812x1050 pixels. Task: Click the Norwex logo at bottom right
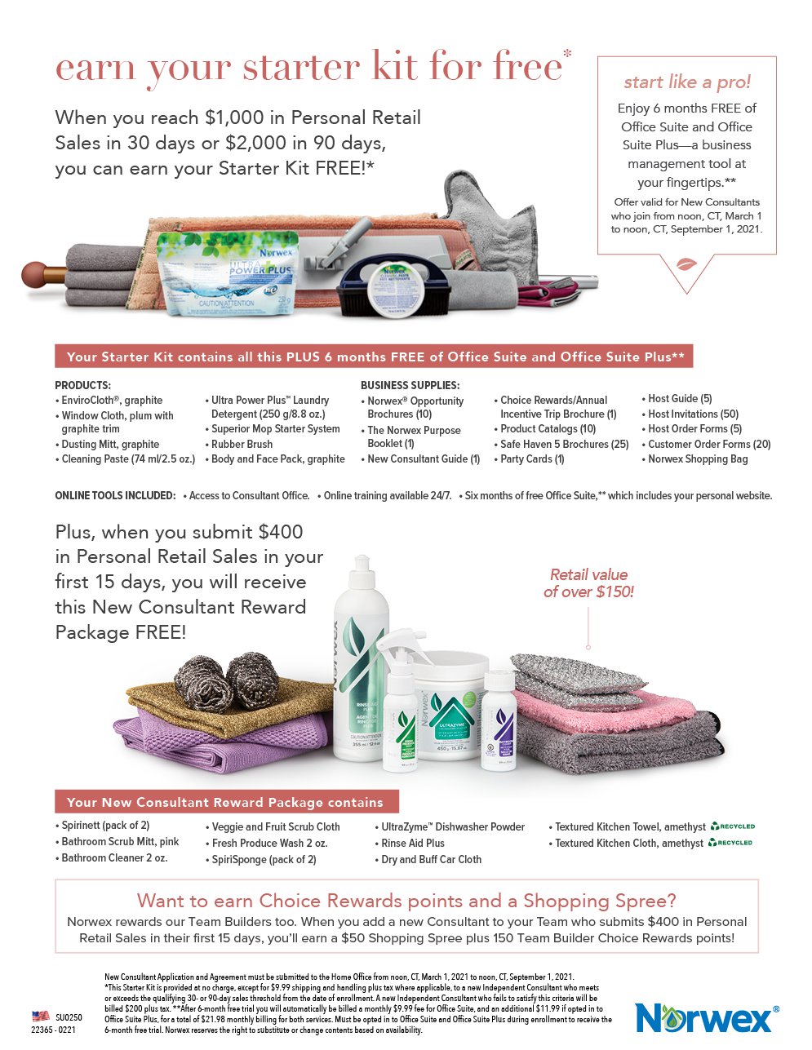point(706,1017)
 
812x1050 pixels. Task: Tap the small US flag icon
point(40,1017)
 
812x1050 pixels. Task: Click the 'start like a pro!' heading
point(687,82)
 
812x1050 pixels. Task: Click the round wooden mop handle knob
point(33,273)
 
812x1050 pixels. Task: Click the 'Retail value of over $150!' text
point(588,583)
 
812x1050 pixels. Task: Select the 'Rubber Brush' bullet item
point(242,444)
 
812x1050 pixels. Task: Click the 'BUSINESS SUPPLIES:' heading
point(410,385)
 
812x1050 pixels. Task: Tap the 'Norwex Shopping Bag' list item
point(697,459)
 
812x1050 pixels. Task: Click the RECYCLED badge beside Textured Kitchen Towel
point(733,826)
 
